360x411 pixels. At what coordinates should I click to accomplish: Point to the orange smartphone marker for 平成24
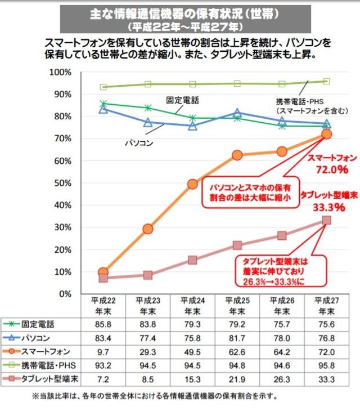point(193,184)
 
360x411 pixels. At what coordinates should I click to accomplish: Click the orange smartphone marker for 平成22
point(103,272)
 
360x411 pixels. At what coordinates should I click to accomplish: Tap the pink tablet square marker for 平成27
point(326,220)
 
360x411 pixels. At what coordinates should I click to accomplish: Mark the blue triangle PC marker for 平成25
point(237,113)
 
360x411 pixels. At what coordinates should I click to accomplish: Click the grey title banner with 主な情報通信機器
point(185,19)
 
